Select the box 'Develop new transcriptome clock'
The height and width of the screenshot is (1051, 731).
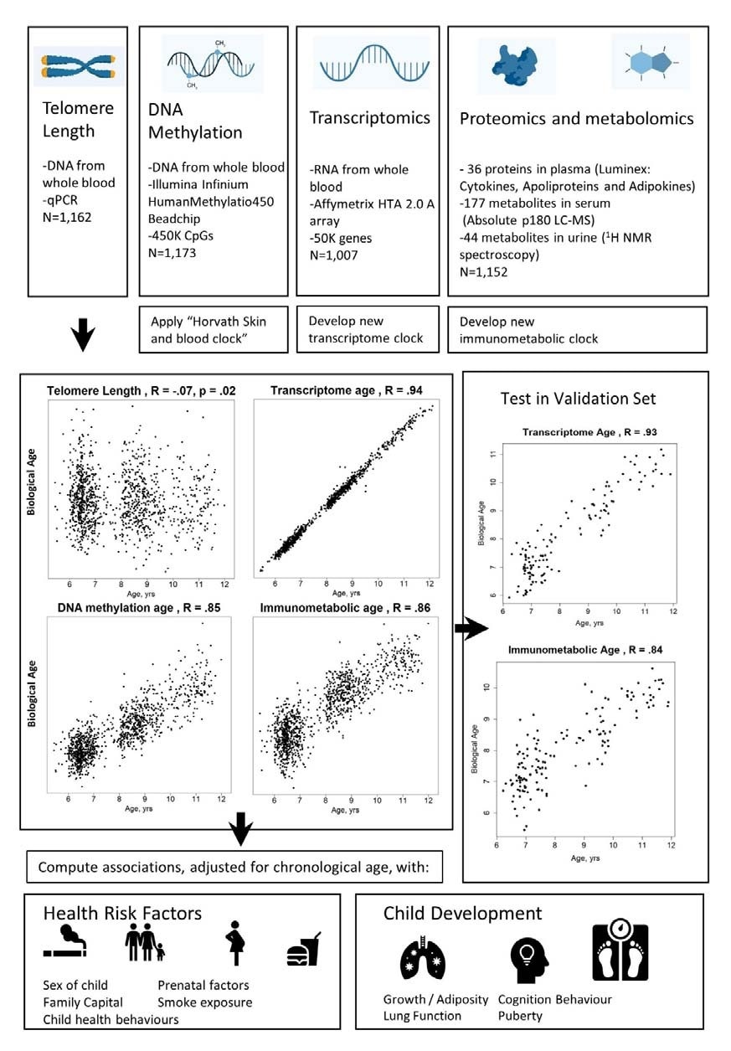367,328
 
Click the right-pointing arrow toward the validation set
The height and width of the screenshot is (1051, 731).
472,625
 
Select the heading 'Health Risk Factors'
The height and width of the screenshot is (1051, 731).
123,914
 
